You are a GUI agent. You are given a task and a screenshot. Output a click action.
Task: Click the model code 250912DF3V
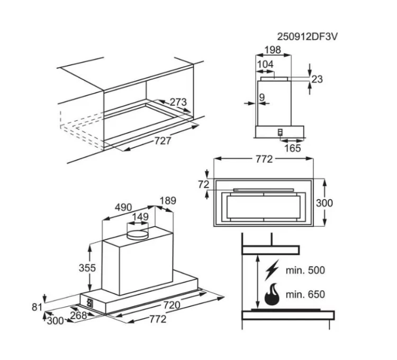pos(307,37)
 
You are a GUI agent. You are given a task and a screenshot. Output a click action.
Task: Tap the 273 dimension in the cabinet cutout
pos(178,102)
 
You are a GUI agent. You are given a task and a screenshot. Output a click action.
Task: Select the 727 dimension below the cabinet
pos(163,141)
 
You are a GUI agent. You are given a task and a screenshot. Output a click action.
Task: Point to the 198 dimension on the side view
pos(273,50)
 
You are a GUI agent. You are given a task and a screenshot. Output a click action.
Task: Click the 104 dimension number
pos(265,64)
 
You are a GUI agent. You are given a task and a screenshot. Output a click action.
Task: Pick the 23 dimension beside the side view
pos(317,79)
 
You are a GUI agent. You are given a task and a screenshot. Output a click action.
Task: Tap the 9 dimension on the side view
pos(262,97)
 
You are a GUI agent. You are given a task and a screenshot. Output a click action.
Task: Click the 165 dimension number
pos(292,148)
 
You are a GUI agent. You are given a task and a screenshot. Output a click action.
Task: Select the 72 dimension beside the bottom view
pos(204,185)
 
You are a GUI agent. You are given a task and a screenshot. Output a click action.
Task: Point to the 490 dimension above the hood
pos(123,208)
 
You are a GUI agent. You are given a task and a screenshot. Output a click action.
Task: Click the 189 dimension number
pos(168,201)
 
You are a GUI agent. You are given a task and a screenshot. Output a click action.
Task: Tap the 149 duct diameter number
pos(140,217)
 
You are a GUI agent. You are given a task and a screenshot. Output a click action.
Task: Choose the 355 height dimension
pos(87,268)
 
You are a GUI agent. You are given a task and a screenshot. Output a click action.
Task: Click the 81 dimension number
pos(37,307)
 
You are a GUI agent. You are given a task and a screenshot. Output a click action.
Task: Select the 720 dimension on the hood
pos(172,305)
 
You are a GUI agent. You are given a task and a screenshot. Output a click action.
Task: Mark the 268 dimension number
pos(78,316)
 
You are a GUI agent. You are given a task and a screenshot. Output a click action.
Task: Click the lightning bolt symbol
pos(272,270)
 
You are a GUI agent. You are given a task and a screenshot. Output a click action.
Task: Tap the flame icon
pos(272,294)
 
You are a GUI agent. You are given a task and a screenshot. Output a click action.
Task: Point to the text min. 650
pos(305,294)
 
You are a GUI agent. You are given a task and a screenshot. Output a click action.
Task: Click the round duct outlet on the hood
pos(137,235)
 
